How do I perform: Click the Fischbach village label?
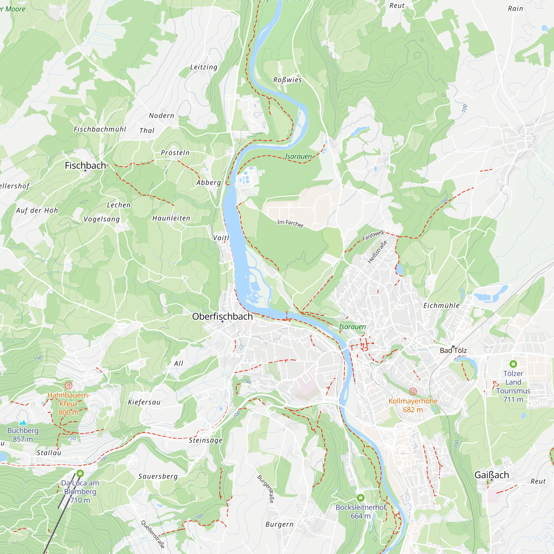(x=85, y=165)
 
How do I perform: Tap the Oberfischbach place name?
(x=222, y=316)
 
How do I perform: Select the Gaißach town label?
(x=491, y=475)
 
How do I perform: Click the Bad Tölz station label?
(x=453, y=350)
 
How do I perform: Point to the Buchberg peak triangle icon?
(x=23, y=422)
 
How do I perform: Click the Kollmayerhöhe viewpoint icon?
(x=413, y=391)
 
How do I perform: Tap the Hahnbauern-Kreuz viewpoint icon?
(x=68, y=385)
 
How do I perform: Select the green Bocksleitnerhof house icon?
(x=360, y=497)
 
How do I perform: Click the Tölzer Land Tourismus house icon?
(x=513, y=364)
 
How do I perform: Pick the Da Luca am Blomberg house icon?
(x=80, y=473)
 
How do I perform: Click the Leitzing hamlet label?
(x=204, y=67)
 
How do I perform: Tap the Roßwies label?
(x=287, y=80)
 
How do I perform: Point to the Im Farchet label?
(x=290, y=223)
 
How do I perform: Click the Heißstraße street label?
(x=377, y=252)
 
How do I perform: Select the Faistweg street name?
(x=373, y=235)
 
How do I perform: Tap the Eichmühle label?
(x=441, y=306)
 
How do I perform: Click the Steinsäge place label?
(x=205, y=440)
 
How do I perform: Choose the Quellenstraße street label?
(x=153, y=534)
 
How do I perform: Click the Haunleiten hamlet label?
(x=171, y=218)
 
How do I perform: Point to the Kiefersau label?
(x=144, y=402)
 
